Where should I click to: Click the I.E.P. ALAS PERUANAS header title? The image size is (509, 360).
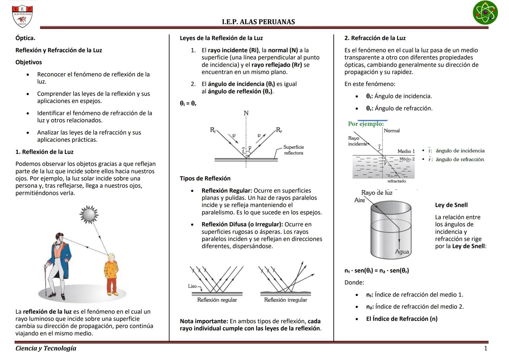pos(258,22)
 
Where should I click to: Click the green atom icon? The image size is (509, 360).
pos(485,13)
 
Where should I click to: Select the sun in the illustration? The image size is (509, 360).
pos(89,214)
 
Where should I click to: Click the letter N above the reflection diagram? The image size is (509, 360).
pos(246,113)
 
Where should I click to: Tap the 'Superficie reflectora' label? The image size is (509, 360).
pos(293,150)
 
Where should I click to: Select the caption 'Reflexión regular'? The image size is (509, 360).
pos(217,300)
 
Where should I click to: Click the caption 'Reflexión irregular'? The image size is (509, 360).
pos(286,300)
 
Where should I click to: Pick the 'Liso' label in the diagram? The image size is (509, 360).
pos(193,286)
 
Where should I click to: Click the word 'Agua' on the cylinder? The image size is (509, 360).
pos(402,252)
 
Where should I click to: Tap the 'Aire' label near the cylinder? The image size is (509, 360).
pos(359,200)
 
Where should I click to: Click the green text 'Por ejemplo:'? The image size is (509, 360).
pos(366,124)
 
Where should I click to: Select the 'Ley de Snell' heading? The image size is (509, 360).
pos(451,205)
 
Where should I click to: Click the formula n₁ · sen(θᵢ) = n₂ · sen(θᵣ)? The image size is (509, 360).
pos(377,271)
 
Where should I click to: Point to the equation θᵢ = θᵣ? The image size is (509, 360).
pos(188,104)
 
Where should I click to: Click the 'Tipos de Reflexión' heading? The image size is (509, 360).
pos(205,179)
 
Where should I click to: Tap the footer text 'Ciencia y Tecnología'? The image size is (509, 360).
pos(46,348)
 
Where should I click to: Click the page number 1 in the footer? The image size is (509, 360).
pos(485,348)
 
